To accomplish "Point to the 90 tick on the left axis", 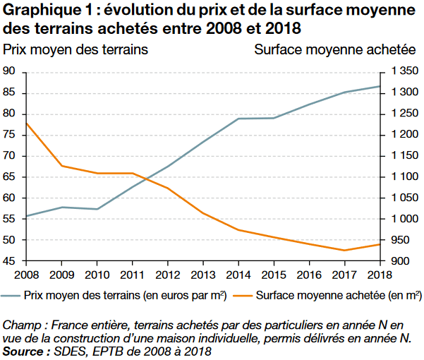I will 9,71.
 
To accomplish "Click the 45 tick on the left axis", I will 9,261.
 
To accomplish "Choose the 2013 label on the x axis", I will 203,274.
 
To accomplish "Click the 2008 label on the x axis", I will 27,274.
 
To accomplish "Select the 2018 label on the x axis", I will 380,274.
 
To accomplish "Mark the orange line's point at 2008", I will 27,124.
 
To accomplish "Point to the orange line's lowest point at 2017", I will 344,251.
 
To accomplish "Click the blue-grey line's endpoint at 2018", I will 380,86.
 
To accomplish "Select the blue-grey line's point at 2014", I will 238,119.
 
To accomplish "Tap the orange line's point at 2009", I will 62,166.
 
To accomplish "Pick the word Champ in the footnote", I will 20,325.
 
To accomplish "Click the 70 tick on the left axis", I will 9,156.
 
